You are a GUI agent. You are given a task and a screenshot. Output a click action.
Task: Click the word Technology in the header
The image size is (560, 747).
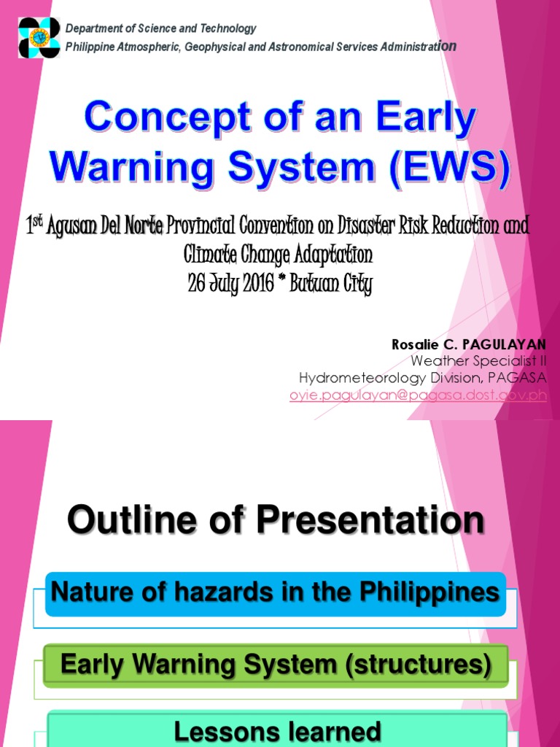(227, 28)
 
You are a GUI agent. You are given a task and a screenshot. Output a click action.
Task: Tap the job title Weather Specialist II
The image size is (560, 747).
(478, 360)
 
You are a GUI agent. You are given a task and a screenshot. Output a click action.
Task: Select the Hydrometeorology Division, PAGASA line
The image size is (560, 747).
(422, 377)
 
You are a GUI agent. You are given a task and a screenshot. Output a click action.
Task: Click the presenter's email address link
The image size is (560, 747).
(418, 395)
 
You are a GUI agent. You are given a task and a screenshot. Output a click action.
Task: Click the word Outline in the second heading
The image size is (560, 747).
(120, 521)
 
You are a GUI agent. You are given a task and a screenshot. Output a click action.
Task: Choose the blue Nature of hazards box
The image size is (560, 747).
(275, 593)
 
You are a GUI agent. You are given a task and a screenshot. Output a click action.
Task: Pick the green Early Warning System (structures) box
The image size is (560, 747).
(275, 665)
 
